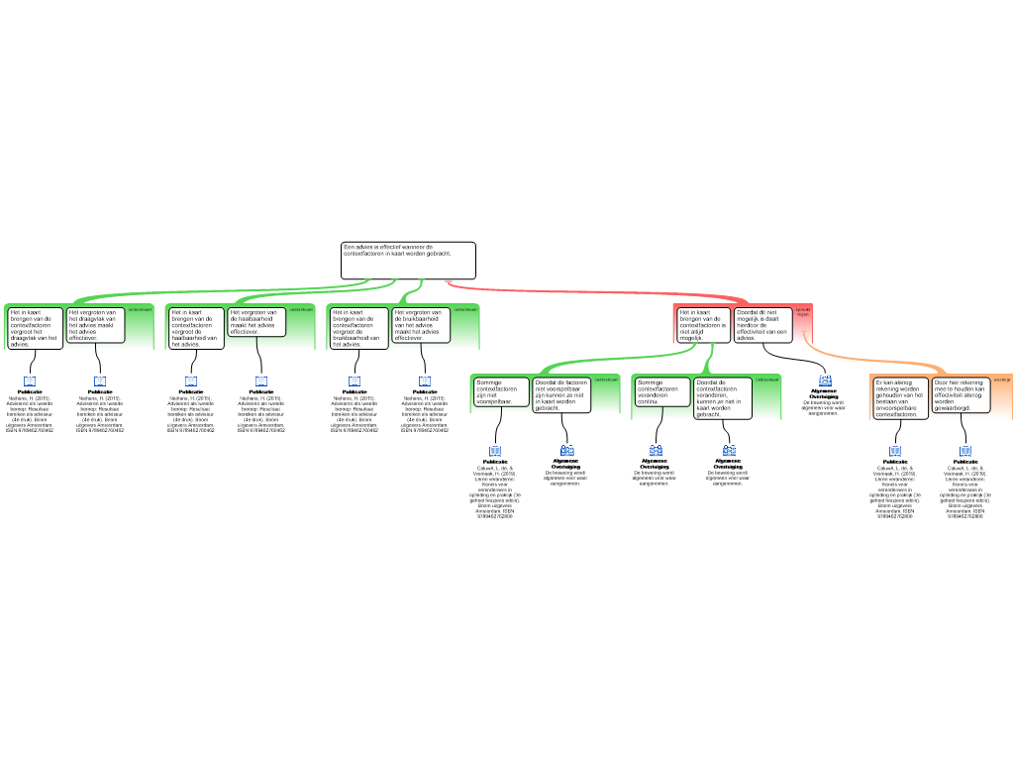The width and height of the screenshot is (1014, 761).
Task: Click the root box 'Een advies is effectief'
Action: [x=408, y=261]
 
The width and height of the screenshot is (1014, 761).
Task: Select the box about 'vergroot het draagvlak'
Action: [x=36, y=328]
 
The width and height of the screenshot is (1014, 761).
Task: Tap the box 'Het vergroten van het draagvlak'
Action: [x=96, y=325]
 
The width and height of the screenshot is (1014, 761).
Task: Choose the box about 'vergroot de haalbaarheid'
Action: [x=195, y=328]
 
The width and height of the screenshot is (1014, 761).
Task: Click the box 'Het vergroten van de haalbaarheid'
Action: [x=257, y=322]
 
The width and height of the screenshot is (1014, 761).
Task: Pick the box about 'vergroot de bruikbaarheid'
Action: [x=357, y=328]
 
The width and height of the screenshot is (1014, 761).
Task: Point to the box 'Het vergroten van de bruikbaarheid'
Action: [x=421, y=325]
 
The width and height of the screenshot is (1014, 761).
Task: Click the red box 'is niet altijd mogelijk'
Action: [x=704, y=325]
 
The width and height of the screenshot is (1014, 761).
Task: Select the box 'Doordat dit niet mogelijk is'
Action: [x=762, y=324]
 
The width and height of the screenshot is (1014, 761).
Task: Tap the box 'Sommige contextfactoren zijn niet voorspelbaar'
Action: [x=501, y=392]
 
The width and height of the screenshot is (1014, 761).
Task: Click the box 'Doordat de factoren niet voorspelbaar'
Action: [x=561, y=394]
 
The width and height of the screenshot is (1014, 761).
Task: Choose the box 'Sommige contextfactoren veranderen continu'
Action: [x=662, y=392]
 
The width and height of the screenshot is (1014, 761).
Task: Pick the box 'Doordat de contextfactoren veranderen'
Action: [x=723, y=397]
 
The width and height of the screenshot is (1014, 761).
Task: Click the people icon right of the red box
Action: [x=825, y=380]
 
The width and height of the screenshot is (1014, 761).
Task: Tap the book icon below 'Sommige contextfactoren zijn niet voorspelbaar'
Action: [x=495, y=451]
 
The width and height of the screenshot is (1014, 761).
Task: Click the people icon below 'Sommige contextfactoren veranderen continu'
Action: [x=656, y=451]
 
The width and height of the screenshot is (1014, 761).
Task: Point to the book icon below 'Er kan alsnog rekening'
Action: [x=895, y=451]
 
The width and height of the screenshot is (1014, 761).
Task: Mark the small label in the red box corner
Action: [x=802, y=311]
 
